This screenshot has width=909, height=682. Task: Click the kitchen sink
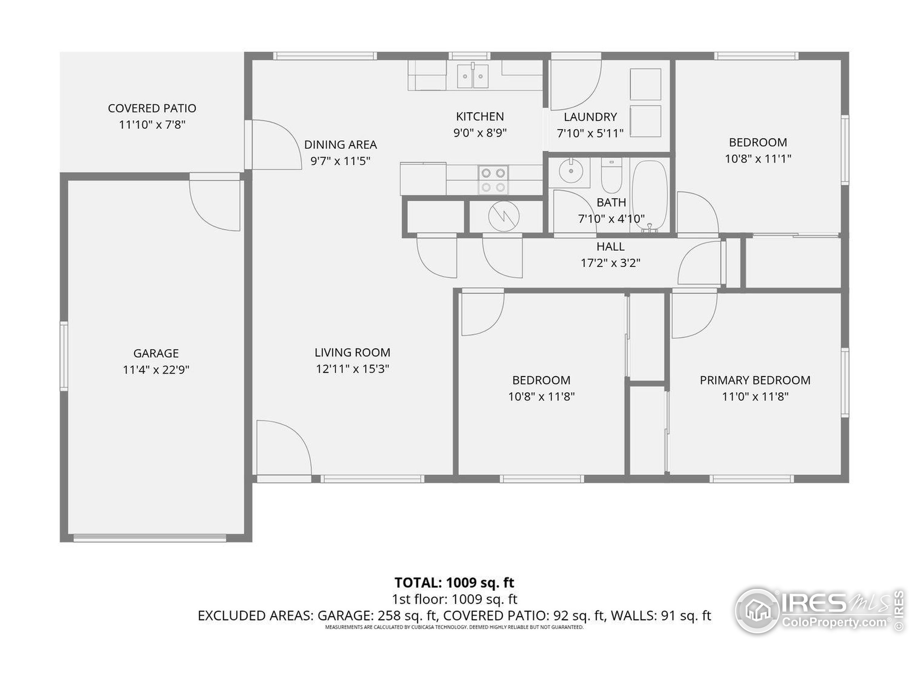click(473, 76)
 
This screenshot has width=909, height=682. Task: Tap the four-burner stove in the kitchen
click(493, 180)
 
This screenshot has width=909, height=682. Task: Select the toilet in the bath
click(611, 175)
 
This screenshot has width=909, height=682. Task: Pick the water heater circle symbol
click(504, 216)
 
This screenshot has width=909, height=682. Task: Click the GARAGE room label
click(156, 353)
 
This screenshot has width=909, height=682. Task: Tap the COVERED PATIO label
click(152, 109)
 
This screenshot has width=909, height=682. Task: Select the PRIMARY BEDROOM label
click(755, 380)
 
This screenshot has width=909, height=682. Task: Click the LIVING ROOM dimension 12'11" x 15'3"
click(353, 369)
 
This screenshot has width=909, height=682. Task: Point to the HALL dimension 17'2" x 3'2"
click(611, 263)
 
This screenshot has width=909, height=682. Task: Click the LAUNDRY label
click(590, 117)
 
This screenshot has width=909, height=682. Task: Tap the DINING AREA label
click(340, 145)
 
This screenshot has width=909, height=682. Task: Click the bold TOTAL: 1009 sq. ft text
click(454, 583)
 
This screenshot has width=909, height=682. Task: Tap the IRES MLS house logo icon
click(757, 611)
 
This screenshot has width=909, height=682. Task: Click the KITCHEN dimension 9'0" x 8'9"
click(480, 133)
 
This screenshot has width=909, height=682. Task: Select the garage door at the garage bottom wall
click(149, 538)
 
